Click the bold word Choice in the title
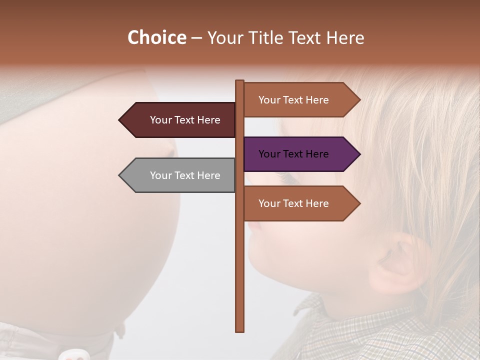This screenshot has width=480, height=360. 156,37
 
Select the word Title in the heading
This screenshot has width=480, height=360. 266,37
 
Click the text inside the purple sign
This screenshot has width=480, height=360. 293,154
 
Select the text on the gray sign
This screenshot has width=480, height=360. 185,175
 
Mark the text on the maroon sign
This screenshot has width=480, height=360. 185,120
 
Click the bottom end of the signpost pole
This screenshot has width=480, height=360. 240,329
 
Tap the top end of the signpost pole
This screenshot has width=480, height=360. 240,82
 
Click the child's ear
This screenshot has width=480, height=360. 400,265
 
